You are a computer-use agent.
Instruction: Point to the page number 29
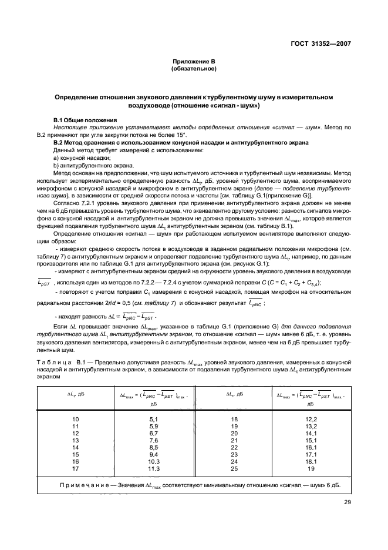(345, 503)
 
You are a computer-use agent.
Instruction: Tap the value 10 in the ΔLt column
(75, 418)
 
